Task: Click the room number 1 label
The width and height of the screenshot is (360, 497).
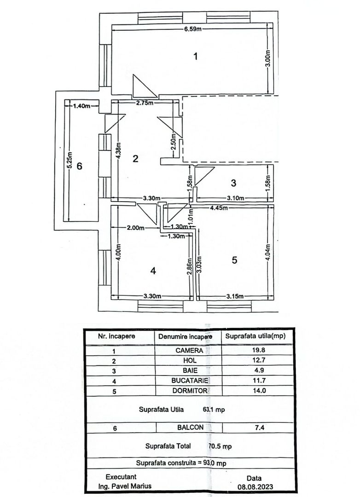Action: tap(196, 57)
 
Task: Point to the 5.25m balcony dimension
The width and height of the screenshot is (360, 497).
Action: tap(70, 161)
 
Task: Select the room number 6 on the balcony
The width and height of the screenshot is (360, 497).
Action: tap(79, 166)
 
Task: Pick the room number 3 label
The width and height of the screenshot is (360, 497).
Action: tap(233, 183)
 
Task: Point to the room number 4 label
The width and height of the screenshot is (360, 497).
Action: tap(153, 271)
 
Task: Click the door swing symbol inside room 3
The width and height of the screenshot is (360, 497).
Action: tap(203, 175)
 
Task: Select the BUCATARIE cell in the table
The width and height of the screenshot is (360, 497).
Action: tap(190, 381)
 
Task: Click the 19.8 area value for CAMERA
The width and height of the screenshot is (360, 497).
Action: tap(257, 350)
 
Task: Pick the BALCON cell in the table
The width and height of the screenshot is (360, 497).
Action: tap(190, 428)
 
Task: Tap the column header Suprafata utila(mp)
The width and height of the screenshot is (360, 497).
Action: tap(255, 336)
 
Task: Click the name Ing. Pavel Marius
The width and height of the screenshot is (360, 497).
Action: tap(125, 486)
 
